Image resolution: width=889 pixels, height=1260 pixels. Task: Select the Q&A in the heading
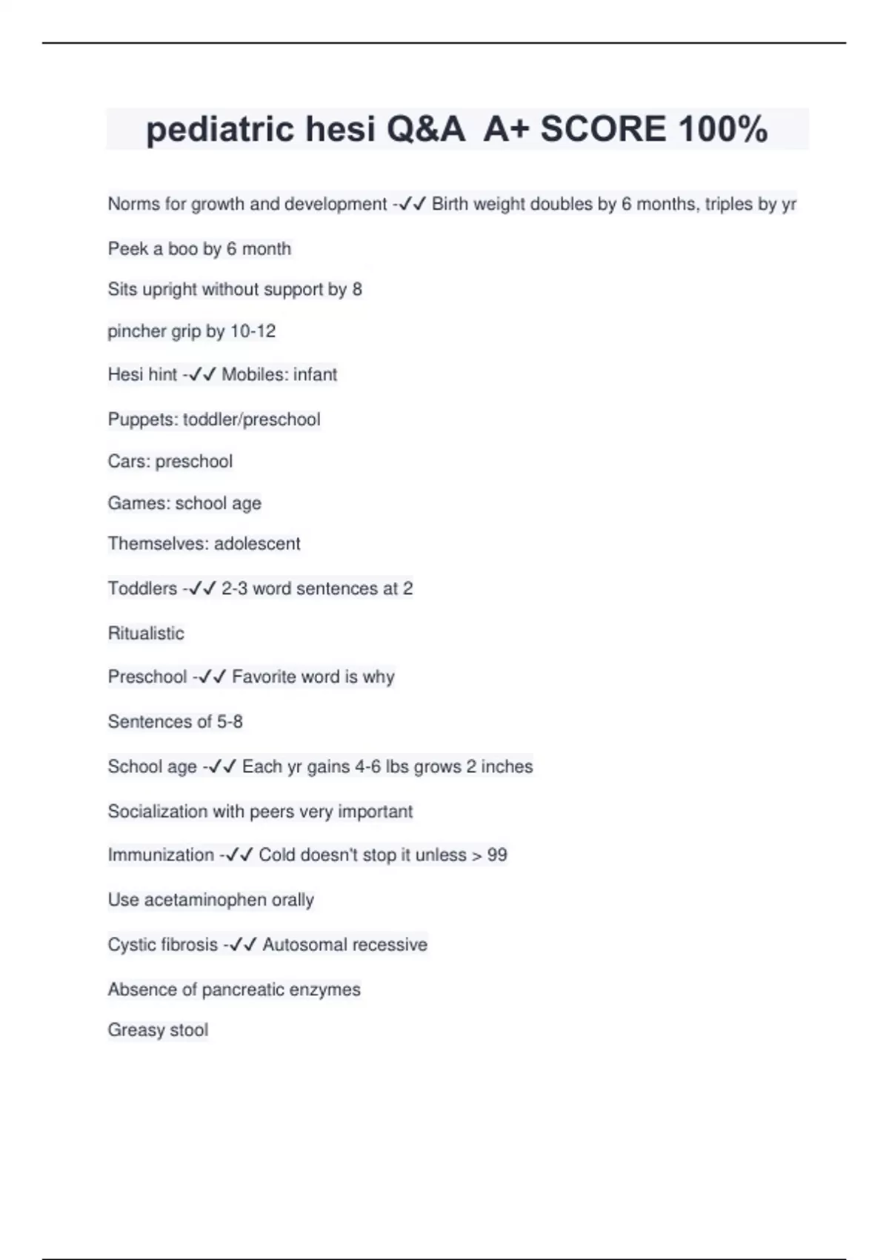[x=425, y=129]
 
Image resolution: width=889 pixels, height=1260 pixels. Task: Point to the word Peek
[x=128, y=249]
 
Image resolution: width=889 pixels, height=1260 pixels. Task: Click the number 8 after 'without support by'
[x=357, y=290]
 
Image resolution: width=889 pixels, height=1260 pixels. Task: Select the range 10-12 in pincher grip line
[x=253, y=331]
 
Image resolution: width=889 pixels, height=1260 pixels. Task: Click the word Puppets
[x=142, y=420]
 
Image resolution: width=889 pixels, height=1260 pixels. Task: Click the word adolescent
[x=257, y=544]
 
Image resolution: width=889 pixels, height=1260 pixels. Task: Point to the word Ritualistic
[x=146, y=634]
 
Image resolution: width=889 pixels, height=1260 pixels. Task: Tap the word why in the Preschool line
[x=378, y=677]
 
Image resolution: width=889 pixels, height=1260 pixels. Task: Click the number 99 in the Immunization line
[x=497, y=855]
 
